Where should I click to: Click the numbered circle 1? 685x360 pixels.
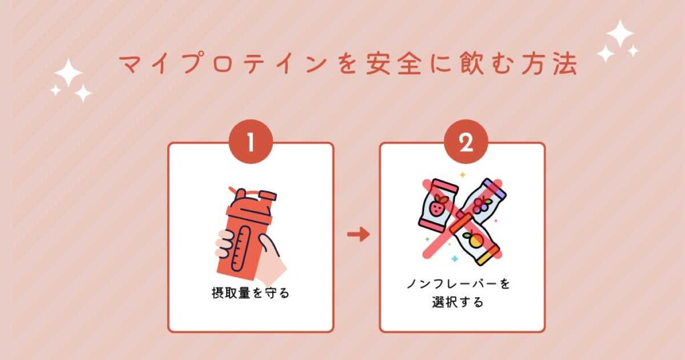250,141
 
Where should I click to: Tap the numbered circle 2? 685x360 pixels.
462,141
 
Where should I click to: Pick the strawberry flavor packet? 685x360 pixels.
438,205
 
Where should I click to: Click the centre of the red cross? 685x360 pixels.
461,218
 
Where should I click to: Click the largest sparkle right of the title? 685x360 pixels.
620,33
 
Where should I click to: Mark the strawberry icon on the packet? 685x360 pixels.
438,208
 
